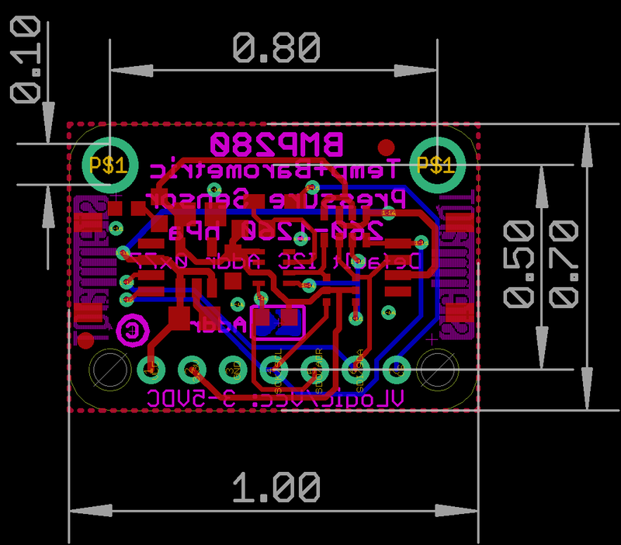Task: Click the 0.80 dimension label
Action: click(x=276, y=49)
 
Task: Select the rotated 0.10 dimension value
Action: click(x=26, y=61)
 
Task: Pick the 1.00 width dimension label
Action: click(x=276, y=488)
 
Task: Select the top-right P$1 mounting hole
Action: click(x=436, y=165)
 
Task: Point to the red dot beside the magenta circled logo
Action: click(x=87, y=340)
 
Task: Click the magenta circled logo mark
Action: click(x=132, y=330)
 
